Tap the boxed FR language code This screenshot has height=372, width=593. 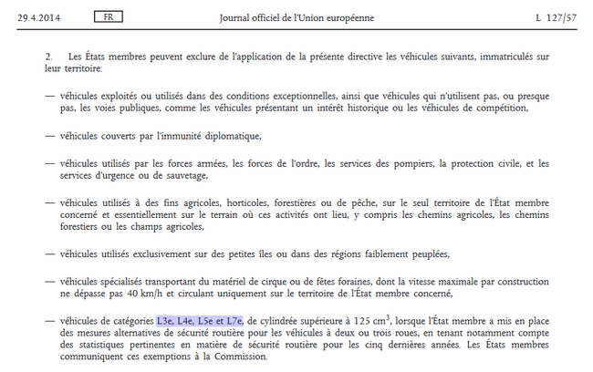[x=109, y=18]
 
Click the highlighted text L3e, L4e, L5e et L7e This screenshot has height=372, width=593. [x=200, y=320]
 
